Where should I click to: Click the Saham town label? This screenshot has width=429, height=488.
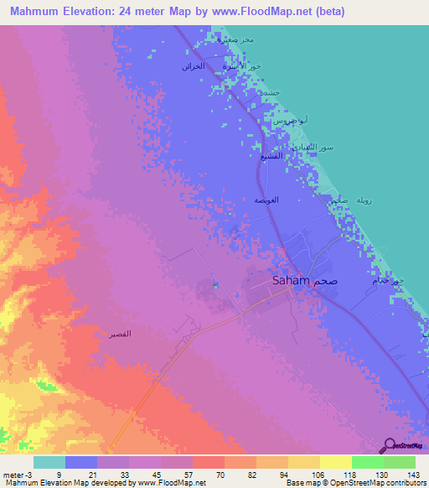pyautogui.click(x=292, y=282)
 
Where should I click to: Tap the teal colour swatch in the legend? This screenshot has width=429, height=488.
pyautogui.click(x=49, y=462)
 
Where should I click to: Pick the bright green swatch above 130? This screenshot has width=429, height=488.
pyautogui.click(x=367, y=462)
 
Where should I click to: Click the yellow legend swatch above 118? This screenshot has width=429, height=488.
pyautogui.click(x=335, y=462)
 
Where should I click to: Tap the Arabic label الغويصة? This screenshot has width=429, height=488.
pyautogui.click(x=266, y=200)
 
